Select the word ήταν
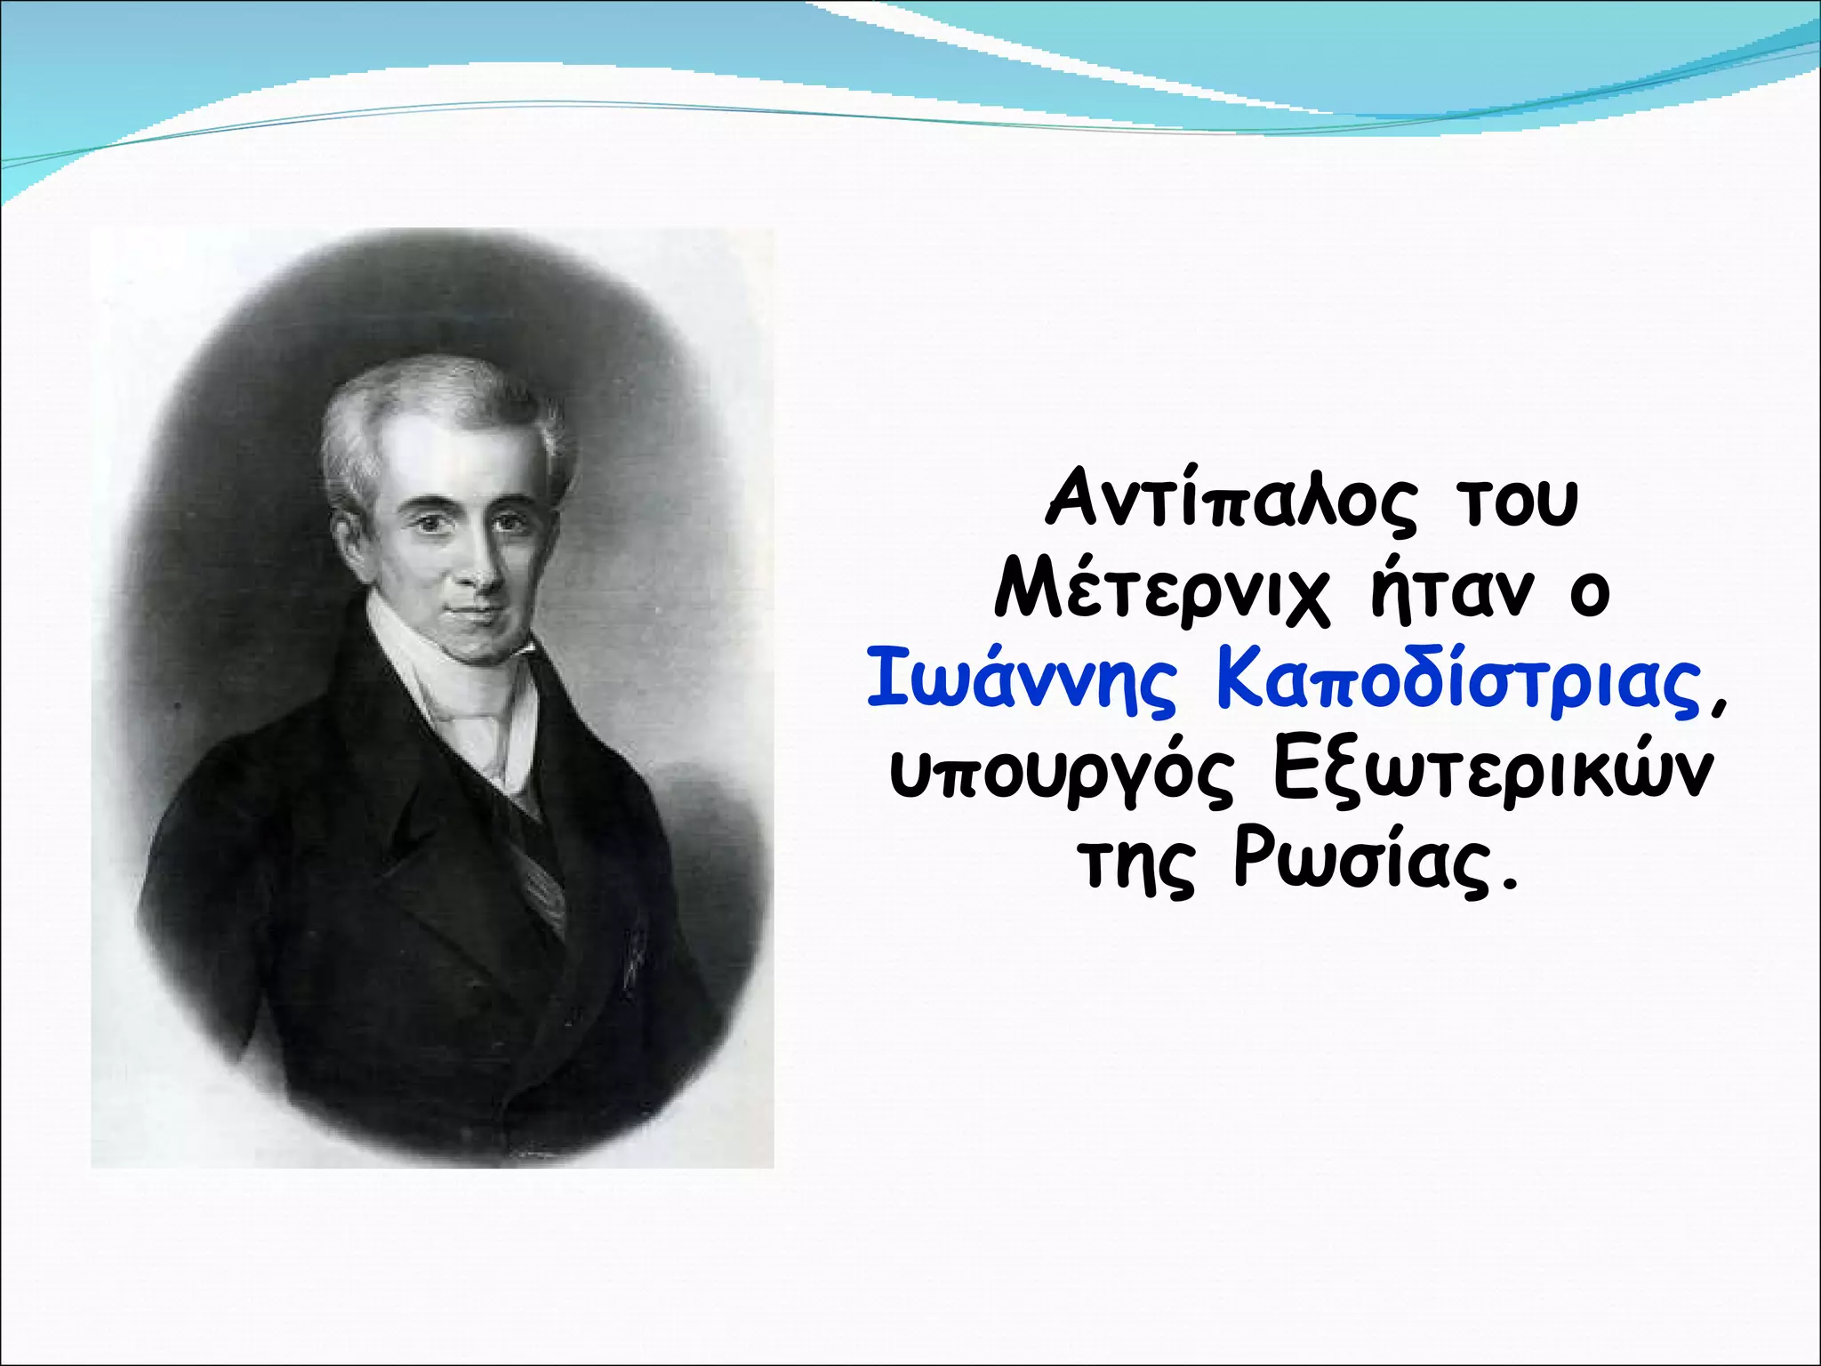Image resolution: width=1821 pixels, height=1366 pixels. click(x=1451, y=591)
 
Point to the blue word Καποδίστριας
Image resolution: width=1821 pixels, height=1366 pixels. click(x=1458, y=683)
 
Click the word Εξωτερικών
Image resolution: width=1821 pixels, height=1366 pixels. click(x=1491, y=772)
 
